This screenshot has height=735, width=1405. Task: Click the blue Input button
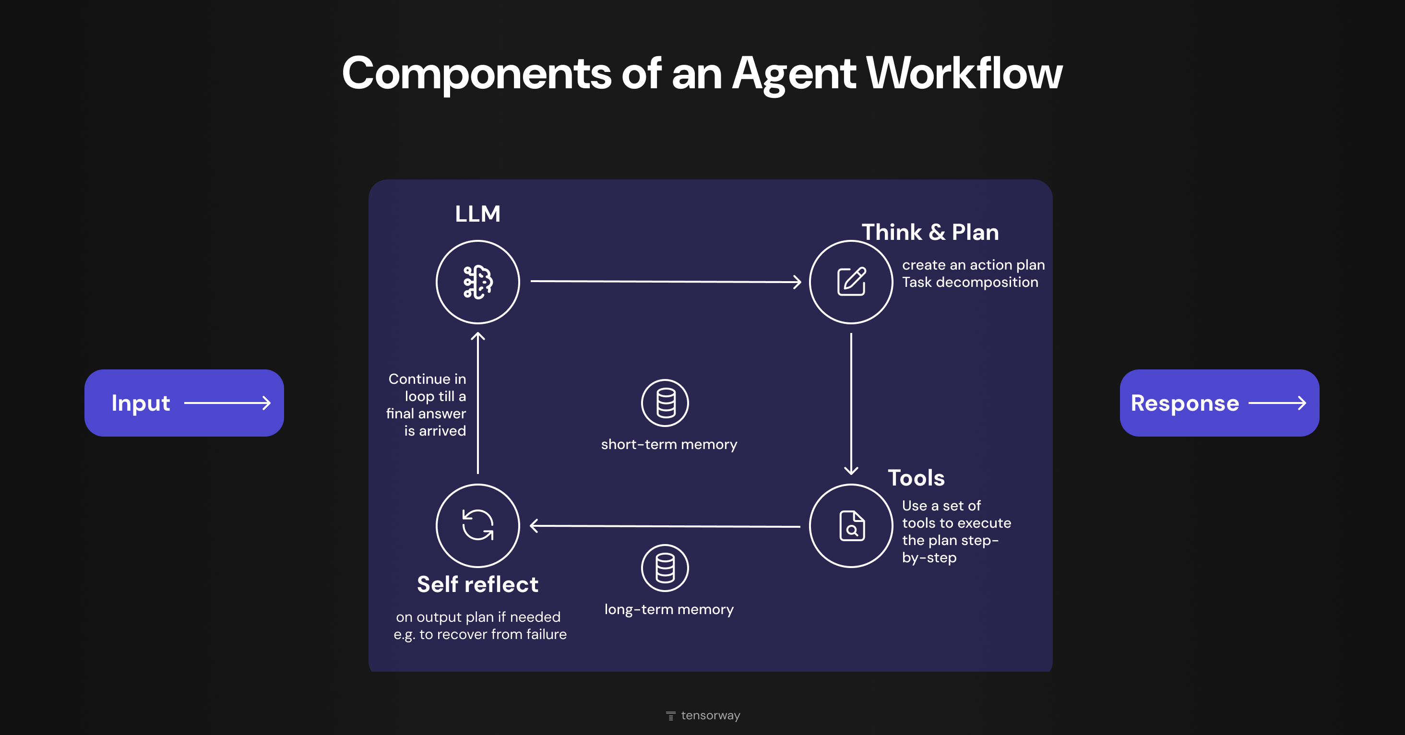pos(184,403)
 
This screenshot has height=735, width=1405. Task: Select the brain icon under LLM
pos(478,282)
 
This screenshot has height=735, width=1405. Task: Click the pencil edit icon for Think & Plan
pos(851,282)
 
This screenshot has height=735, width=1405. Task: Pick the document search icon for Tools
pos(851,526)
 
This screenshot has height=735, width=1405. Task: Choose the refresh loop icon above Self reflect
pos(478,525)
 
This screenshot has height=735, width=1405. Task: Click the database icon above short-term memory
pos(665,403)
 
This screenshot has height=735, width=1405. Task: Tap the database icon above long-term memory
pos(665,568)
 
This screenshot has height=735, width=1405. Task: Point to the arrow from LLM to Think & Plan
pos(666,281)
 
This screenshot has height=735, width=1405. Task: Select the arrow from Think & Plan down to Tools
pos(851,403)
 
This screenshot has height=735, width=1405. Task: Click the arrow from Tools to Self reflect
pos(666,526)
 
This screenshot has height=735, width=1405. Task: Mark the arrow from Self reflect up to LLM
pos(478,403)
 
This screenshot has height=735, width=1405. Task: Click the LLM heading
pos(477,214)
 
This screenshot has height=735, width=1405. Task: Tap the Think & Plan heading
pos(930,232)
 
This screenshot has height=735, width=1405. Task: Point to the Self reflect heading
pos(477,584)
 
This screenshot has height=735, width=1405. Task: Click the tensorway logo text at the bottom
pos(710,715)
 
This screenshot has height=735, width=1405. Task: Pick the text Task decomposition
pos(970,283)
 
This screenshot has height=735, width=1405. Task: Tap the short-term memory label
pos(669,444)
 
